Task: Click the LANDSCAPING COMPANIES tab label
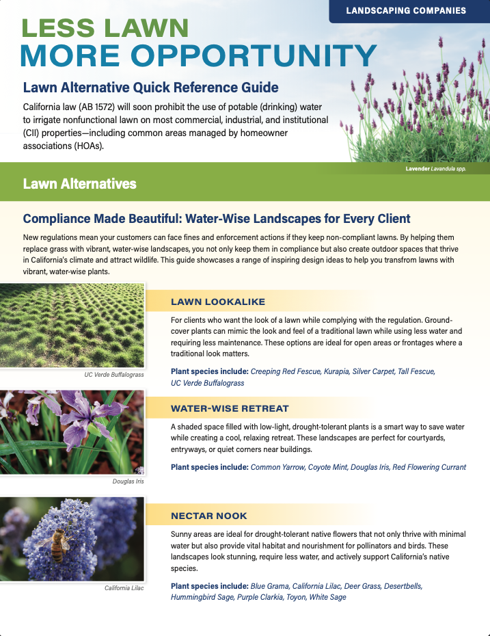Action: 406,10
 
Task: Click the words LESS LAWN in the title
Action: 105,28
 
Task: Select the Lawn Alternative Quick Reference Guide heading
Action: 150,88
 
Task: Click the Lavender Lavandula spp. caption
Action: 435,168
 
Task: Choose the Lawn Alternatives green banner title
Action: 79,184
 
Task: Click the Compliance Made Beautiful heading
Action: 216,219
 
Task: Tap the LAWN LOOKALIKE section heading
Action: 218,302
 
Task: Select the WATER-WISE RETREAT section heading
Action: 230,408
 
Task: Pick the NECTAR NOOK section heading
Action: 209,516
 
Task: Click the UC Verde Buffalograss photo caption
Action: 114,375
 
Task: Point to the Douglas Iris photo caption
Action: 128,481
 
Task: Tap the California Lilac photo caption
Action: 124,588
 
